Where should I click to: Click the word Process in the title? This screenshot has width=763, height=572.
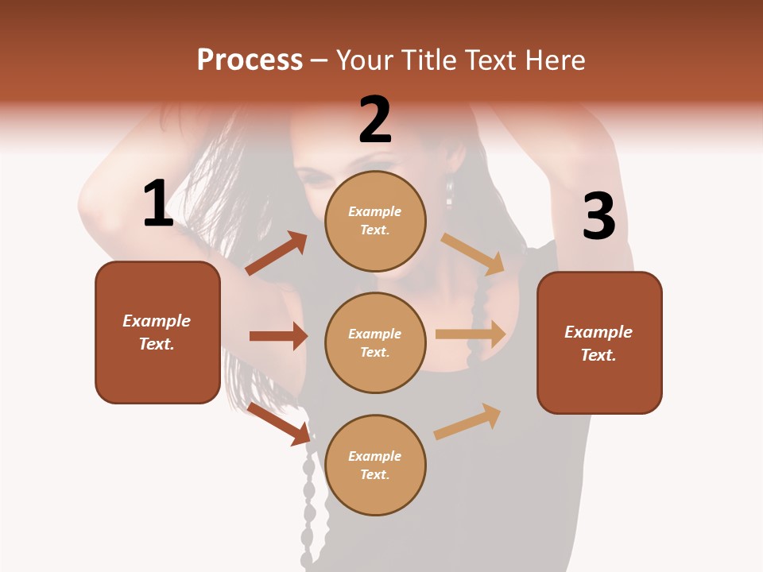tap(250, 60)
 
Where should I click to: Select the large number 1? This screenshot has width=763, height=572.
tap(157, 204)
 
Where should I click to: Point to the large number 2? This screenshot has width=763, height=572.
tap(375, 120)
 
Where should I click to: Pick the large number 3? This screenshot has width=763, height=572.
tap(598, 217)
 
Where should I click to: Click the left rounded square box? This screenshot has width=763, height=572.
tap(157, 332)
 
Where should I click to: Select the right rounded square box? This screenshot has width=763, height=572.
tap(599, 342)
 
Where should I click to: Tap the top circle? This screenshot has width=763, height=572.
tap(375, 221)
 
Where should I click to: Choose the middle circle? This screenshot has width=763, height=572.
tap(375, 342)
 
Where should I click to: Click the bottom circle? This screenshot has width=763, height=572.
tap(375, 465)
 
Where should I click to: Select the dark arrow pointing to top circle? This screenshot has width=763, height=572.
tap(277, 253)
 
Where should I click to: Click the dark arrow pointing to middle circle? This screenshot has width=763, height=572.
tap(278, 336)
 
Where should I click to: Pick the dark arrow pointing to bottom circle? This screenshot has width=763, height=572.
tap(279, 423)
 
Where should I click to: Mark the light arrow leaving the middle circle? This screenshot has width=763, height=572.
tap(471, 334)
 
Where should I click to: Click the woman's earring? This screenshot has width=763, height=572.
tap(450, 193)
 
